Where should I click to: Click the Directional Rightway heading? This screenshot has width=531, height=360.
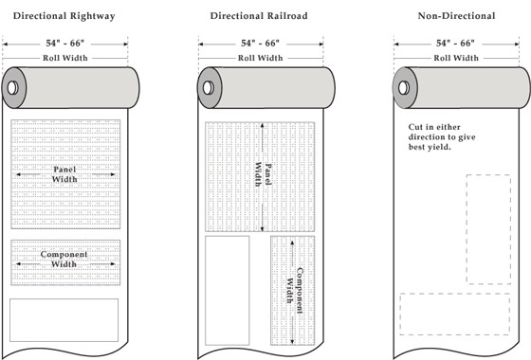(x=64, y=16)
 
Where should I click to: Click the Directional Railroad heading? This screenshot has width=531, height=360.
(x=259, y=16)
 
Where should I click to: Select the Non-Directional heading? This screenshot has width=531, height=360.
(x=456, y=16)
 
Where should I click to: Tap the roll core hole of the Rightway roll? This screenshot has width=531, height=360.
(x=13, y=88)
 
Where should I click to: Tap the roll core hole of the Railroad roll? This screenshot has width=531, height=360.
(x=209, y=88)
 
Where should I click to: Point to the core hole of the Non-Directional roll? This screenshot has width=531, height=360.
(x=404, y=88)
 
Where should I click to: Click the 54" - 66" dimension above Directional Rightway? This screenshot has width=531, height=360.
(x=65, y=44)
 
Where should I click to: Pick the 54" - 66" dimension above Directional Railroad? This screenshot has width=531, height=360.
(x=260, y=44)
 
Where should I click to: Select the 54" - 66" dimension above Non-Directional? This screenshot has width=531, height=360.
(x=455, y=44)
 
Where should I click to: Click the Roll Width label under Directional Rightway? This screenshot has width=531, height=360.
(x=65, y=58)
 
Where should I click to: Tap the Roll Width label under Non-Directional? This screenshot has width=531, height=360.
(x=456, y=58)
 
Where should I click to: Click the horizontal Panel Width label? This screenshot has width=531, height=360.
(x=64, y=174)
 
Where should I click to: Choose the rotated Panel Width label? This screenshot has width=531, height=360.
(x=264, y=174)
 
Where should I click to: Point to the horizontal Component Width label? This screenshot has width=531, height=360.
(x=64, y=260)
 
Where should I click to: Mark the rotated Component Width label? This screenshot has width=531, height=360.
(x=295, y=290)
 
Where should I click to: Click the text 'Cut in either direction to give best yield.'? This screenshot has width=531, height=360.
(x=442, y=137)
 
